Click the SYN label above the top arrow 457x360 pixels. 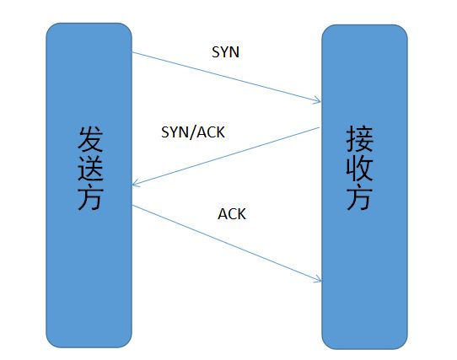[224, 51]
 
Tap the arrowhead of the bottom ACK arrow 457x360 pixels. [320, 281]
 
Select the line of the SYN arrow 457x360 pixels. [226, 78]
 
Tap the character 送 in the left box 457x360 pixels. [89, 169]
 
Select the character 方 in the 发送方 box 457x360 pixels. [89, 198]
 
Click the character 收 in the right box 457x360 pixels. [364, 168]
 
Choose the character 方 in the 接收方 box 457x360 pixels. [364, 198]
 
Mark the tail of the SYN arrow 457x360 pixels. [134, 52]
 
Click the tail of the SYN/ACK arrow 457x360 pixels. [320, 128]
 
